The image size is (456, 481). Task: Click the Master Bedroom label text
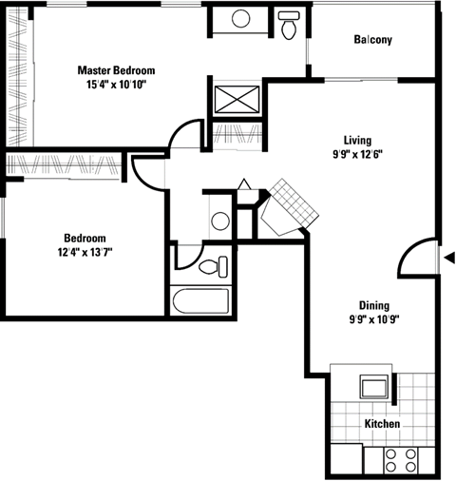[116, 70]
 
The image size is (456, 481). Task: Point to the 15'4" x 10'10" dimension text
[116, 84]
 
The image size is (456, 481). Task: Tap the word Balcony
[373, 40]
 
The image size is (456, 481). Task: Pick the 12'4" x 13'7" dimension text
[85, 252]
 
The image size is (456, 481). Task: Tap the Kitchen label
[381, 424]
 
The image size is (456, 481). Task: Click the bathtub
[199, 301]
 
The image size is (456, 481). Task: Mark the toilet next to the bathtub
[214, 265]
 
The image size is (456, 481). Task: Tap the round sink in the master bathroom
[240, 18]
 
